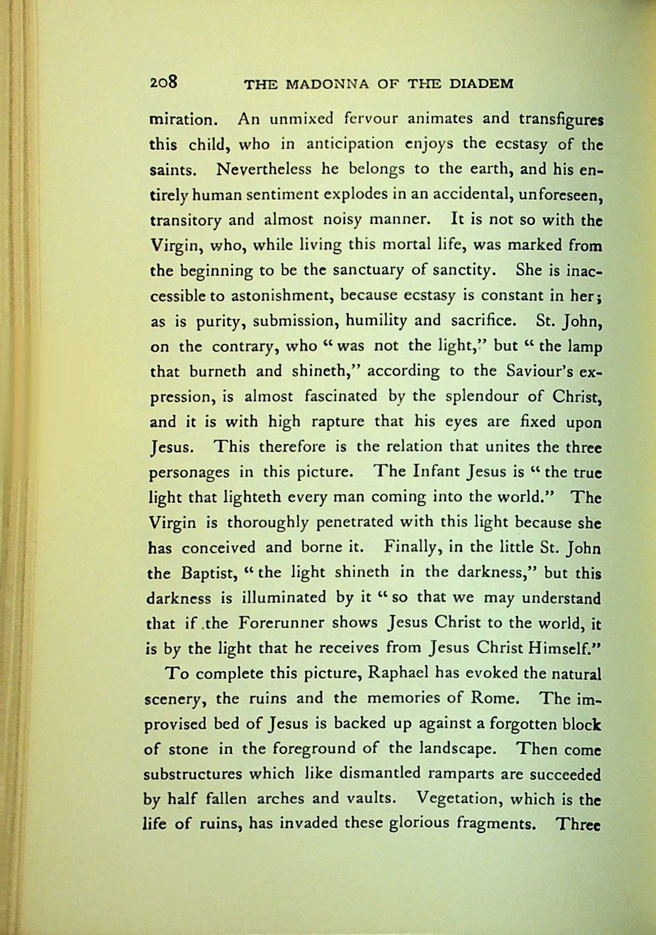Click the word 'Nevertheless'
[264, 169]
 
